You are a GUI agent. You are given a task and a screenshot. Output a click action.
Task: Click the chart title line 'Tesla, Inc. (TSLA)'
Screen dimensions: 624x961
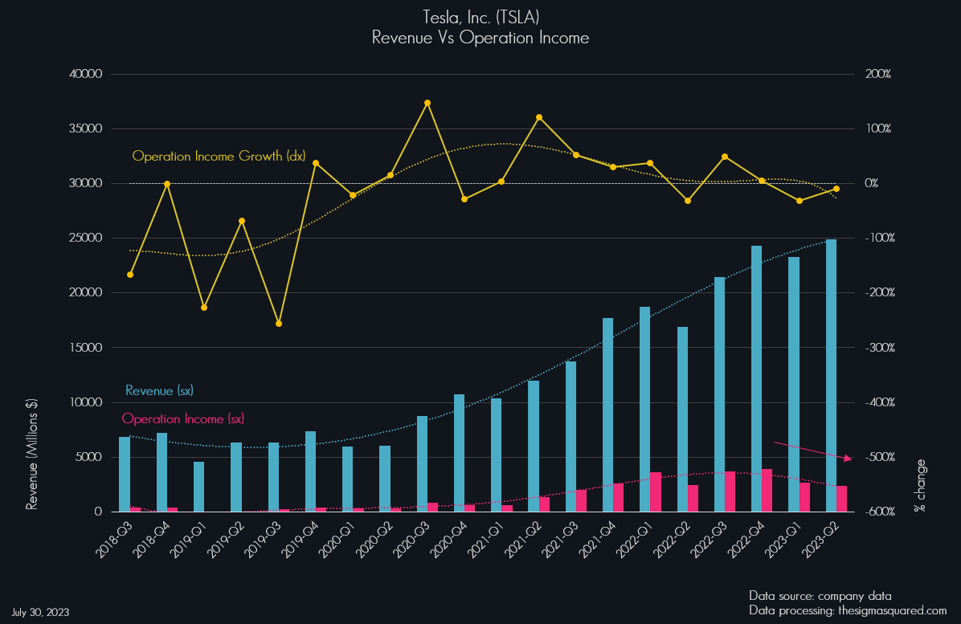(480, 17)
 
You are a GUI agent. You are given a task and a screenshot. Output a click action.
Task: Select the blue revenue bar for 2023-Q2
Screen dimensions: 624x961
(831, 375)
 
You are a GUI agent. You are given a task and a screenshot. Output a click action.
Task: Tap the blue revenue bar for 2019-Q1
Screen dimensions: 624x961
(198, 487)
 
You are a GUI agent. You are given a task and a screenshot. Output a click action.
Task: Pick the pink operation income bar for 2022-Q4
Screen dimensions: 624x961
(767, 490)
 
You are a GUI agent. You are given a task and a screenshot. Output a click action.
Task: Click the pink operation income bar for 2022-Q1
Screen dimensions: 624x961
(656, 491)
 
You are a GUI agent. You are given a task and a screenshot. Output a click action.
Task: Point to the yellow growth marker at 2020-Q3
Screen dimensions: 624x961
(427, 103)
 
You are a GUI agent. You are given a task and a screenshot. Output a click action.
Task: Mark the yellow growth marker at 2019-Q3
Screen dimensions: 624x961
(279, 324)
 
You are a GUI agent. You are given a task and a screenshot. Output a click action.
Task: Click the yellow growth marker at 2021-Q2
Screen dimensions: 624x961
(539, 117)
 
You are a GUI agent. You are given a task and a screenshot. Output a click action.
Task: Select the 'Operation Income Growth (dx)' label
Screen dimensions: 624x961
(219, 156)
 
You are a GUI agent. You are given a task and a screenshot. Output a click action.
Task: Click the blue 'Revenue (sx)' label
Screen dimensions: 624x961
(159, 391)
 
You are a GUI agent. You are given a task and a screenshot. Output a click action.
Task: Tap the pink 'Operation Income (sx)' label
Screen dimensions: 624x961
(183, 418)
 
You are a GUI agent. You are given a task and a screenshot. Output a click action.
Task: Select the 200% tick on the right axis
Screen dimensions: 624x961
(877, 74)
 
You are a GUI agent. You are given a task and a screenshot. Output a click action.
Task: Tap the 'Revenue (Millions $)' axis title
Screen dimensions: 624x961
(33, 454)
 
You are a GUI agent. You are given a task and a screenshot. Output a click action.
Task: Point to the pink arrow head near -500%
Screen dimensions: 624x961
(849, 459)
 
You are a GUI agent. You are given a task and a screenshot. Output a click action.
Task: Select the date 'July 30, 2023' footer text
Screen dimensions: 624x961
(40, 612)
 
